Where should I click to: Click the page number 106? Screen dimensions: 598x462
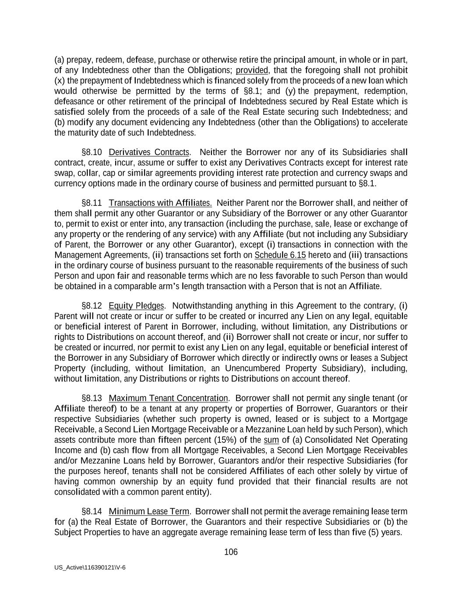[231, 552]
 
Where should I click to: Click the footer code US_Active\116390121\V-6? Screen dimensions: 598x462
[90, 567]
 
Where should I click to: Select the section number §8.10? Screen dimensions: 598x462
[92, 152]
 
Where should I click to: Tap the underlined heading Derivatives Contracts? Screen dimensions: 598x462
[149, 152]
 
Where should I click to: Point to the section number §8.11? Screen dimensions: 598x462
[92, 203]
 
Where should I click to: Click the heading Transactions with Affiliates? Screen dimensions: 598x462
[160, 203]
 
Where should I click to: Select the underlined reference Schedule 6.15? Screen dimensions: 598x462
[280, 255]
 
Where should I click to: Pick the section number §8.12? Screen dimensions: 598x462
[92, 306]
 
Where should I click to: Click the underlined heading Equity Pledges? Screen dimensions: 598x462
[137, 306]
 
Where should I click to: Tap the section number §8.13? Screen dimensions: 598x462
[92, 398]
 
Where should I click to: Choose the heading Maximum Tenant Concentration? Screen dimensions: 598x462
[168, 398]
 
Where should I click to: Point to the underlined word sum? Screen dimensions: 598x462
[272, 440]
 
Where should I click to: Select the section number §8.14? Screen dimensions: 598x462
[92, 512]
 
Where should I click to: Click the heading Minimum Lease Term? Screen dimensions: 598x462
[149, 512]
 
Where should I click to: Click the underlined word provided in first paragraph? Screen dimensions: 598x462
[252, 70]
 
